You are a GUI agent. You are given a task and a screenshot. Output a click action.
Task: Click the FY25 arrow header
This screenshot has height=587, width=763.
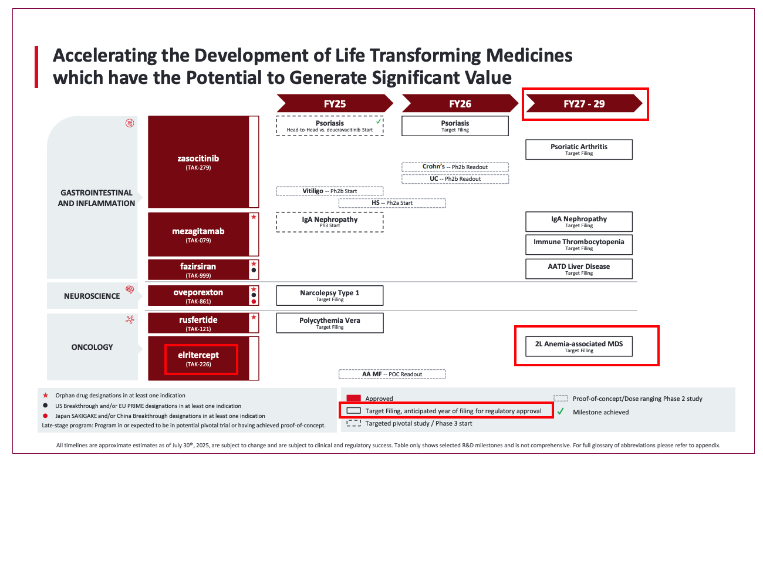click(335, 103)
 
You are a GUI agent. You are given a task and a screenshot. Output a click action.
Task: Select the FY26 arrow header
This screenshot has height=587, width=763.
click(460, 103)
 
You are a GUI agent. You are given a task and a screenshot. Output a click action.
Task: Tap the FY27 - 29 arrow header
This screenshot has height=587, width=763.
click(583, 103)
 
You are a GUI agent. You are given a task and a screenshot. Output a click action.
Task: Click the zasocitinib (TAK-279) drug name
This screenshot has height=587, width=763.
click(198, 162)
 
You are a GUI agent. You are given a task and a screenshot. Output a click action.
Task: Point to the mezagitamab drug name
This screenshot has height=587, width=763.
click(198, 231)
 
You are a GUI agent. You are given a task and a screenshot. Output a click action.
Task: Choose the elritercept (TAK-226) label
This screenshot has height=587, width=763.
click(198, 359)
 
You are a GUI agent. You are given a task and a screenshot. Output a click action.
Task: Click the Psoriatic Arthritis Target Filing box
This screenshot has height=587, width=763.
click(579, 149)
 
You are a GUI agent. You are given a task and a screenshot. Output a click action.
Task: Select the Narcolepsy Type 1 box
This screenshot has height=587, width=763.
click(329, 295)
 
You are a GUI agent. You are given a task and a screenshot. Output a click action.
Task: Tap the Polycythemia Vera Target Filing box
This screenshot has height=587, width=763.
click(329, 323)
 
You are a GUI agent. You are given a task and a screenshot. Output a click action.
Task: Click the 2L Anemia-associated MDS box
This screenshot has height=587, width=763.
click(579, 346)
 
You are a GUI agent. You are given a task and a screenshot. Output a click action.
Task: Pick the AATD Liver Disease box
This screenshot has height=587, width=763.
click(579, 269)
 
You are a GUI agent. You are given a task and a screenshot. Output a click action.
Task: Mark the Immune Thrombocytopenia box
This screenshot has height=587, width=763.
click(579, 244)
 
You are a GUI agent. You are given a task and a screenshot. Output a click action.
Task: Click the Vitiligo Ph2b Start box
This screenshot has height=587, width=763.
click(329, 191)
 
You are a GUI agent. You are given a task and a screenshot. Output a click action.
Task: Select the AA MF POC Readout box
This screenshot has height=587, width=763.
click(392, 374)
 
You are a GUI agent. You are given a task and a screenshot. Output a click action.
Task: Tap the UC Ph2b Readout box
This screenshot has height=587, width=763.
click(455, 178)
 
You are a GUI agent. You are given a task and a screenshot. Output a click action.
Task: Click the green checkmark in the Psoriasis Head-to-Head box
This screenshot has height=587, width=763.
click(378, 122)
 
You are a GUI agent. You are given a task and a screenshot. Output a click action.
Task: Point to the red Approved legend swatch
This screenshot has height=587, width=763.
click(353, 398)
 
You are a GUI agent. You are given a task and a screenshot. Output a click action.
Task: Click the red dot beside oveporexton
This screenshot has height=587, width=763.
click(254, 301)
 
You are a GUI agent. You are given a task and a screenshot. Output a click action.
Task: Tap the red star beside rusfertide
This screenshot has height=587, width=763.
click(254, 316)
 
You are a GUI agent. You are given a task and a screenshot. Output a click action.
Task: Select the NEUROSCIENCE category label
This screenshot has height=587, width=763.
click(92, 296)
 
